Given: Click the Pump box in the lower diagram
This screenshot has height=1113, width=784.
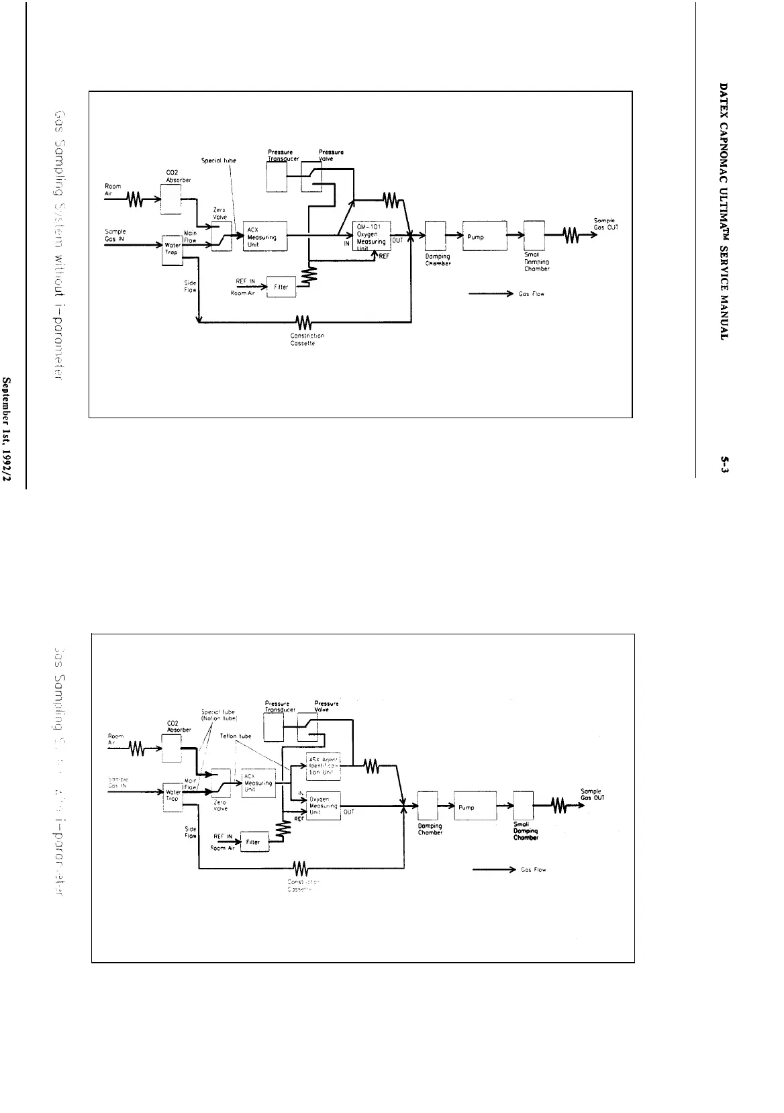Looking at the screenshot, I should point(475,807).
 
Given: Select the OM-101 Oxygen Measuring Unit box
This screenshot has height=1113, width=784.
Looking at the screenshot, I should point(372,236).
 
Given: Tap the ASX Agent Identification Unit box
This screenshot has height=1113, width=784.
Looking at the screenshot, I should point(323,767).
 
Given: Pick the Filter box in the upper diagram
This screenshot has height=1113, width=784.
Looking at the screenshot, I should point(281,287).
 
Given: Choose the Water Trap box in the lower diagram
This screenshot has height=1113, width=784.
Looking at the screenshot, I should point(173,797).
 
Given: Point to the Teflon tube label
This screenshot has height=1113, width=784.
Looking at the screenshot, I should point(235,736).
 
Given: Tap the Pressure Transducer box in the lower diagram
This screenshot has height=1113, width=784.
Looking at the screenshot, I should point(273,727).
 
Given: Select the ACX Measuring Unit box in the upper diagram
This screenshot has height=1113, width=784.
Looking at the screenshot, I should point(265,236).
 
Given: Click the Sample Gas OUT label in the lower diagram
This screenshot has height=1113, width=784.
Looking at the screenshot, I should point(593,794).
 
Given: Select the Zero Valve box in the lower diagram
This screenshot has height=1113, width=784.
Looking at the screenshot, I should point(221,784).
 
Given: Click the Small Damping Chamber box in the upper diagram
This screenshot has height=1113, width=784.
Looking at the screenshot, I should point(534,236).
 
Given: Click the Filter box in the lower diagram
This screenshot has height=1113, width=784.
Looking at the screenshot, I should point(254,842).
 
